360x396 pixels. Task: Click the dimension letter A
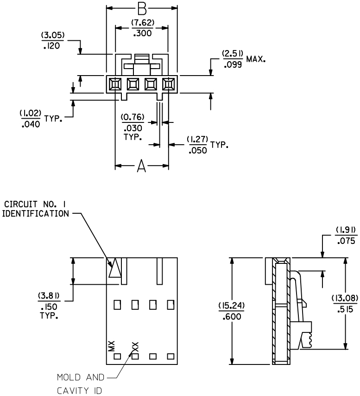[141, 166]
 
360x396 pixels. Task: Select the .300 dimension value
[143, 33]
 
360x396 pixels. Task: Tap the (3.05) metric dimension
[53, 35]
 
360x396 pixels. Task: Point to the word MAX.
[256, 59]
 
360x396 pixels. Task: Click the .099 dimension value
[233, 65]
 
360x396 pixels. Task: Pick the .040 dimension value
[31, 124]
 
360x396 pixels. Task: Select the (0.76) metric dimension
[133, 117]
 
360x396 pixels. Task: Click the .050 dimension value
[198, 151]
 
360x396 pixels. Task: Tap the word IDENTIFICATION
[36, 214]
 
